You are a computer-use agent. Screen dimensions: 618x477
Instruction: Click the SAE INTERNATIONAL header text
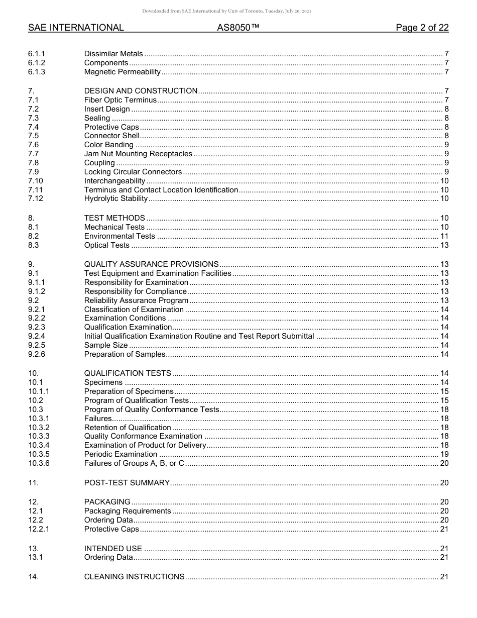tap(76, 28)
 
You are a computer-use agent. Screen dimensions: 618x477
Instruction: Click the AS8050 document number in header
tap(238, 28)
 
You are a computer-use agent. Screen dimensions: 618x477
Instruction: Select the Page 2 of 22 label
tap(422, 28)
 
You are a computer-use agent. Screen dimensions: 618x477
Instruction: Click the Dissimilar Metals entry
tap(113, 54)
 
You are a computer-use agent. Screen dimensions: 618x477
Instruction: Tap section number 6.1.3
tap(37, 72)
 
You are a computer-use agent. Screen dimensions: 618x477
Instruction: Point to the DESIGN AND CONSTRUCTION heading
tap(141, 91)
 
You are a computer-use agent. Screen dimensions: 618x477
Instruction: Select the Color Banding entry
tap(108, 145)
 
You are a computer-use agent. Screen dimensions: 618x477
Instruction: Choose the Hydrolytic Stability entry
tap(116, 198)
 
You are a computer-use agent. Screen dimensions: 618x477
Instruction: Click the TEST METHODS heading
tap(114, 218)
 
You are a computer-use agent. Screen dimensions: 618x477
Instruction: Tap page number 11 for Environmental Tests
tap(444, 236)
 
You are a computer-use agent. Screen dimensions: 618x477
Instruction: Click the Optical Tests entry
tap(106, 245)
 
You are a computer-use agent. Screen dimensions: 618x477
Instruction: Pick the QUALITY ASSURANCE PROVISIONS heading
tap(151, 264)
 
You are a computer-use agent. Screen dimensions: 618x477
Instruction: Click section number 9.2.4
tap(37, 336)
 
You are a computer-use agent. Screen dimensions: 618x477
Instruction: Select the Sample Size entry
tap(106, 345)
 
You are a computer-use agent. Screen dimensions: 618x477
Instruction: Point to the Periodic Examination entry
tap(121, 454)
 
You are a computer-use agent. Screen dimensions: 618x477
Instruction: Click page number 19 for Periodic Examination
tap(444, 454)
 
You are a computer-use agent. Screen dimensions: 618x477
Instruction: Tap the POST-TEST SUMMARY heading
tap(127, 483)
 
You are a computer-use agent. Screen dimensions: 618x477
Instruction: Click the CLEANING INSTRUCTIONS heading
tap(134, 577)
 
